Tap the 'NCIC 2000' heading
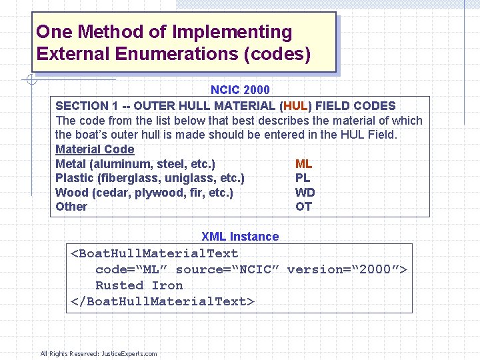[240, 90]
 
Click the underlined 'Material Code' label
[95, 149]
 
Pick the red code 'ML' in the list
[303, 164]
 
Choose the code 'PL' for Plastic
[303, 178]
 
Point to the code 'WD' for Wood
[305, 193]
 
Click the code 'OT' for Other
[303, 207]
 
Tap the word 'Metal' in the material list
[71, 164]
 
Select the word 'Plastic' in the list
[74, 178]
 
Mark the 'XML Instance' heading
[240, 237]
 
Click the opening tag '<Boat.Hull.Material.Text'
[155, 253]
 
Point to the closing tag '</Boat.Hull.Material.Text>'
[163, 301]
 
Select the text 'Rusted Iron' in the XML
[139, 285]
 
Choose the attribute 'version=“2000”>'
[347, 269]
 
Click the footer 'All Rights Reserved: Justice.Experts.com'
[99, 353]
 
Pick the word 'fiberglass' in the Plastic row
[131, 178]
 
